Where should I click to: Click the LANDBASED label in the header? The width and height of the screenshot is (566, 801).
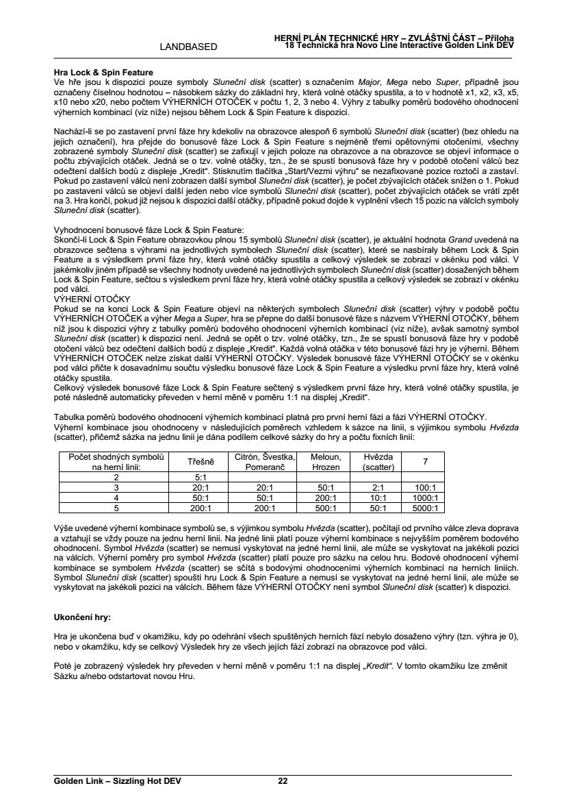coord(188,47)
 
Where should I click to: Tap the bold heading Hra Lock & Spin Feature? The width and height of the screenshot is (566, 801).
coord(103,73)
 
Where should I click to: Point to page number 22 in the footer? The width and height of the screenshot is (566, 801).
coord(283,781)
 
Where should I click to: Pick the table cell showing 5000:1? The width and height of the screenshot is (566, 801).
coord(425,508)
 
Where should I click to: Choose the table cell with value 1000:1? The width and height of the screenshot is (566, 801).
coord(425,497)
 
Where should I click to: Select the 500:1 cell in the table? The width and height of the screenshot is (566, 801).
coord(326,508)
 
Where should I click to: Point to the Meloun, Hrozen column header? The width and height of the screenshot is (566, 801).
coord(326,462)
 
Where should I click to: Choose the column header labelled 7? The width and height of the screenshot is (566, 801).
coord(425,462)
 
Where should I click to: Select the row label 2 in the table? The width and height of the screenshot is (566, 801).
coord(116,477)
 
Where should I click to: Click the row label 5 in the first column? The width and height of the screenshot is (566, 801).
coord(116,508)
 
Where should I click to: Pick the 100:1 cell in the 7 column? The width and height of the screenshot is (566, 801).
coord(425,487)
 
